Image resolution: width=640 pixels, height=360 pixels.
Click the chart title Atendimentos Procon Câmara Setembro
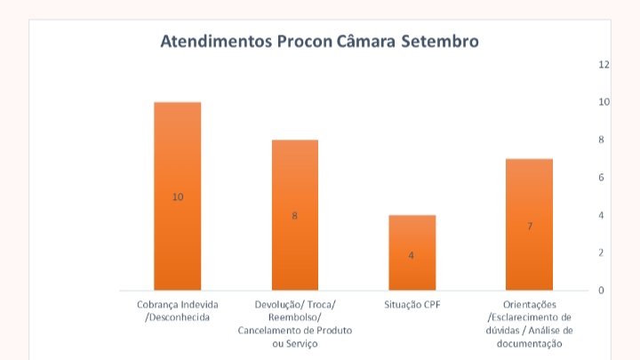coord(319,41)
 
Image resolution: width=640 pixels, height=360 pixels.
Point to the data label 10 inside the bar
coord(178,196)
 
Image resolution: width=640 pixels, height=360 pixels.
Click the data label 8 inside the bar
coord(294,216)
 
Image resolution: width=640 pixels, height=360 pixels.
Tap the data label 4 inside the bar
coord(412,256)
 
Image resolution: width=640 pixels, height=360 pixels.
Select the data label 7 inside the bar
coord(530,227)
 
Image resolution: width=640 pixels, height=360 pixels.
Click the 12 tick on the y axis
coord(604,65)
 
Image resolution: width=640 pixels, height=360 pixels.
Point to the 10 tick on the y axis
coord(604,102)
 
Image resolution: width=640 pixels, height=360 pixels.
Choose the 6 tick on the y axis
coord(602,178)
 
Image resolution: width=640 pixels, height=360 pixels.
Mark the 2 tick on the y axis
coord(602,253)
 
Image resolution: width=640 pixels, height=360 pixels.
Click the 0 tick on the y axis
coord(602,291)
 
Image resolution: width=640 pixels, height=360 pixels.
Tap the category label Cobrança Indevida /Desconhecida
coord(178,310)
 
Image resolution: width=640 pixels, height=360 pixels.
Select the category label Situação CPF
coord(412,304)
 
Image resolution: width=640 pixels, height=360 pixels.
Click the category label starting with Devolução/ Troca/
coord(294,324)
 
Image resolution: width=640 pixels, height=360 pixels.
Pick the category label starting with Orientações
coord(530,324)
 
